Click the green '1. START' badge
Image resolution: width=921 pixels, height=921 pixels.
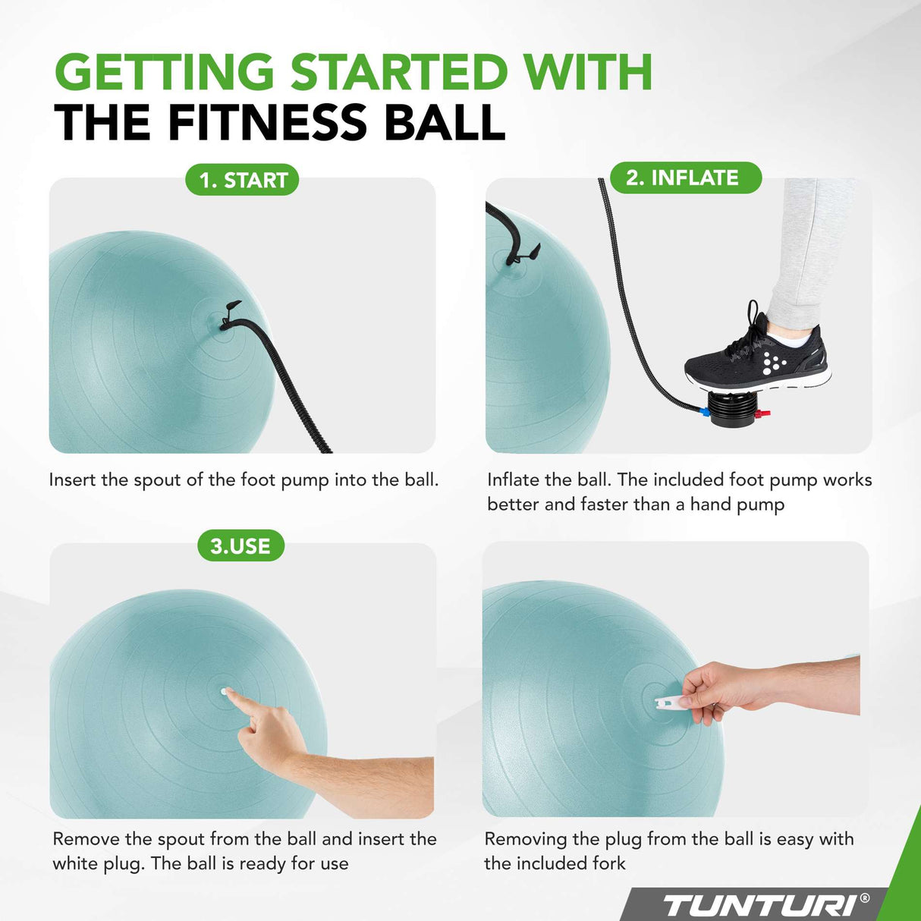coord(242,180)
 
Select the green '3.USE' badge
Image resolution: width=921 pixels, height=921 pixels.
coord(240,545)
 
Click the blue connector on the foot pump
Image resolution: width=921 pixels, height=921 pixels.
coord(704,413)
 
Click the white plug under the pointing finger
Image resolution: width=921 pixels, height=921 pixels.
coord(225,691)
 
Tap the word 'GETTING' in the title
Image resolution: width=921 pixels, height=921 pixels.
coord(164,73)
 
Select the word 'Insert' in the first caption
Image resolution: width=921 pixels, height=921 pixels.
coord(73,480)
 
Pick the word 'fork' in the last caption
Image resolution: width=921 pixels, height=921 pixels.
coord(609,863)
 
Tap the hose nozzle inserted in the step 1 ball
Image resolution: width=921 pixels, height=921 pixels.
coord(228,319)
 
